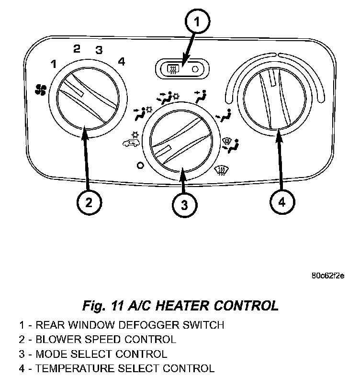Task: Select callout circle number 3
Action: point(184,205)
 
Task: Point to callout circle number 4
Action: point(281,202)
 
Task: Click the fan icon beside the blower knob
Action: point(41,88)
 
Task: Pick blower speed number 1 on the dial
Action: point(54,64)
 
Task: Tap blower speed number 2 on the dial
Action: point(77,48)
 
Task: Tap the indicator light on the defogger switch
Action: point(194,69)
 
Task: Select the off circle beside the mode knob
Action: point(140,166)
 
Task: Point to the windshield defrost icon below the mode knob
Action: point(221,169)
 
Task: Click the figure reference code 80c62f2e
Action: point(327,276)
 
